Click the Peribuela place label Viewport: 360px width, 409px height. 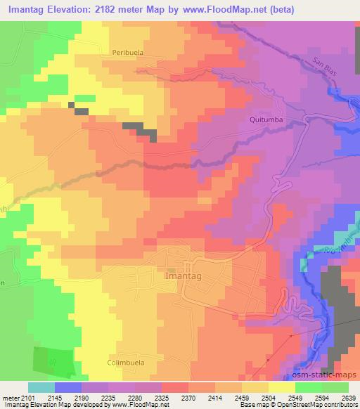point(127,52)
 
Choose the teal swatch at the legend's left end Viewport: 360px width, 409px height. point(41,387)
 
